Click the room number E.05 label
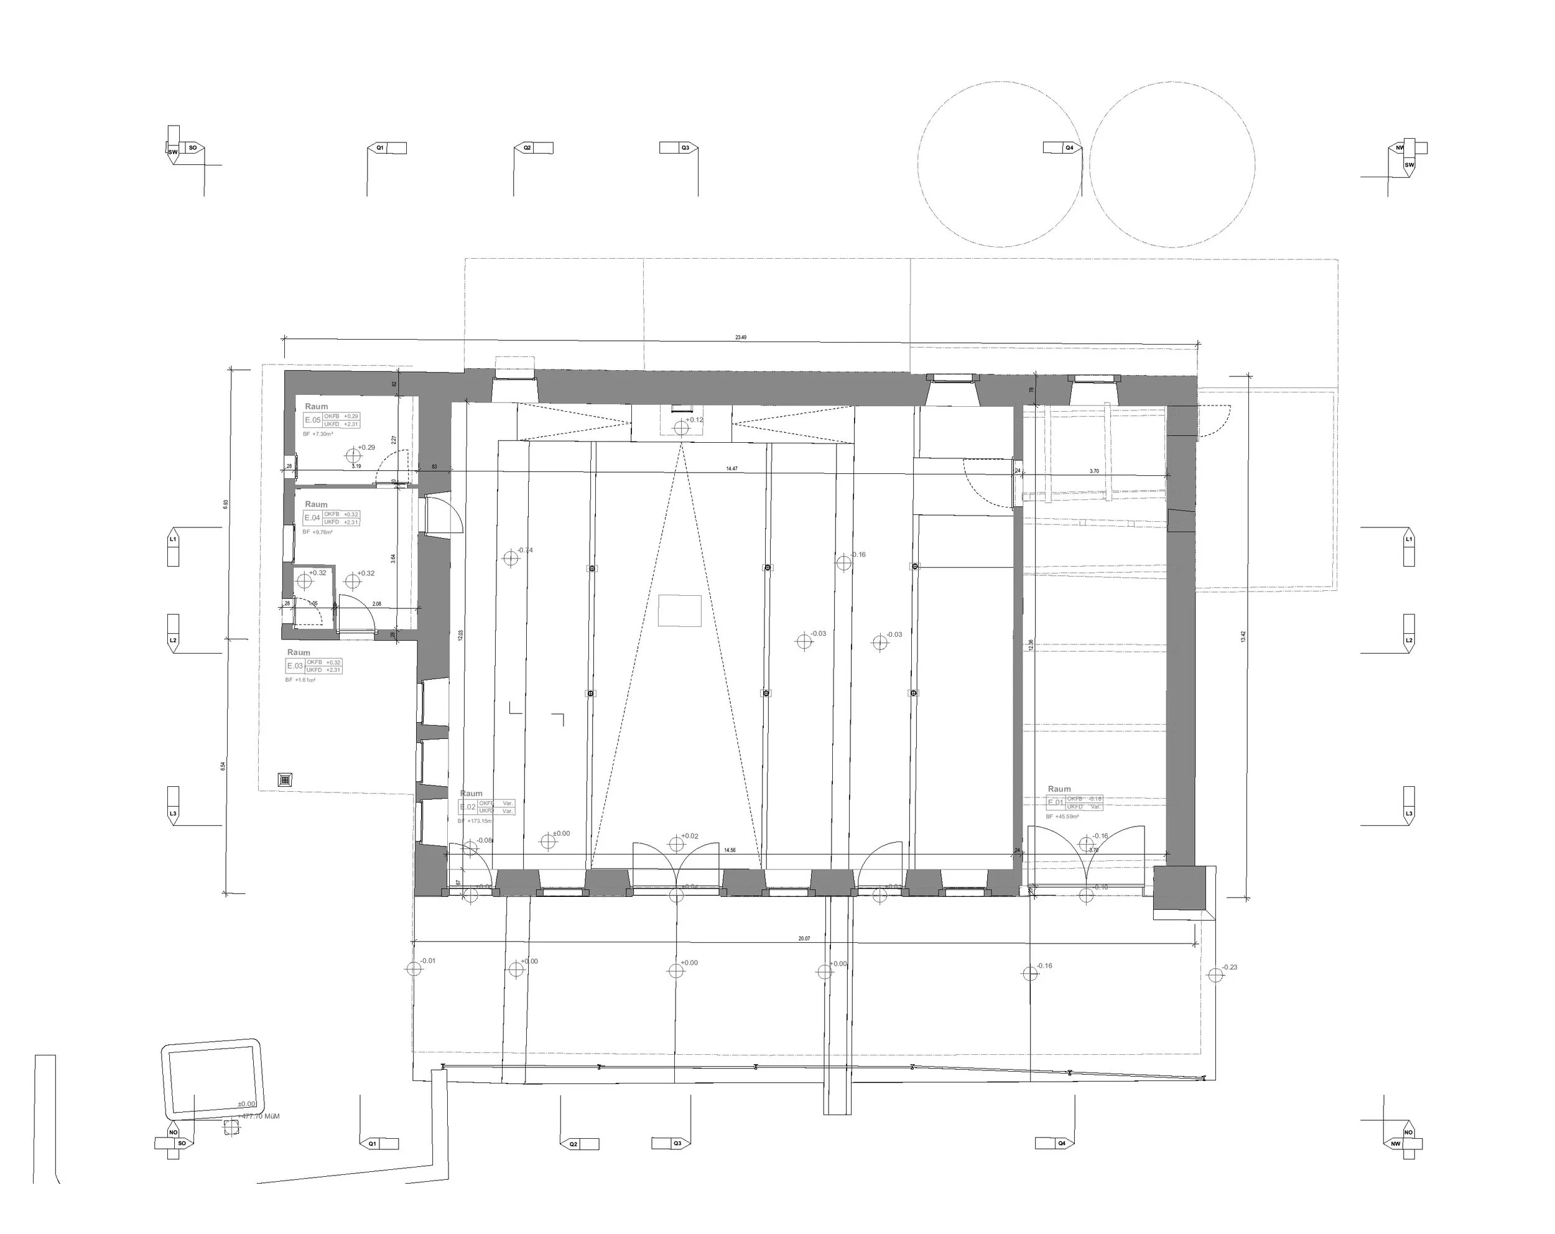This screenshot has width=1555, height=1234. pyautogui.click(x=313, y=420)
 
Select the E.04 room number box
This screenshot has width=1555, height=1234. pyautogui.click(x=312, y=519)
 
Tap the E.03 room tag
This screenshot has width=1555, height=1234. pyautogui.click(x=295, y=666)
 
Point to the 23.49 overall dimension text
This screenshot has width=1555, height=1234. pyautogui.click(x=741, y=338)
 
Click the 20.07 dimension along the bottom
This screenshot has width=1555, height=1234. pyautogui.click(x=804, y=939)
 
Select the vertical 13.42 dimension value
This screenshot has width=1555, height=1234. pyautogui.click(x=1243, y=637)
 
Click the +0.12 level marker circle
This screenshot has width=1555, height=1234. pyautogui.click(x=682, y=429)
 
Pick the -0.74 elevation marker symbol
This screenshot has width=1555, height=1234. pyautogui.click(x=511, y=557)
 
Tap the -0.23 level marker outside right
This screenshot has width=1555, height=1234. pyautogui.click(x=1216, y=975)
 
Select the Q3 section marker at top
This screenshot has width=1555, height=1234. pyautogui.click(x=685, y=148)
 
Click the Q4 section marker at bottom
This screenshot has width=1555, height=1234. pyautogui.click(x=1061, y=1143)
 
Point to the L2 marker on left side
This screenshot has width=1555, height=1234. pyautogui.click(x=173, y=640)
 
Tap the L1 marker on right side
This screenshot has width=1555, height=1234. pyautogui.click(x=1409, y=539)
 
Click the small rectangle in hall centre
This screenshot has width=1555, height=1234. pyautogui.click(x=679, y=611)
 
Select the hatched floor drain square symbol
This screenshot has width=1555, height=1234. pyautogui.click(x=285, y=779)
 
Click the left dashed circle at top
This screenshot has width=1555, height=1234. pyautogui.click(x=1000, y=164)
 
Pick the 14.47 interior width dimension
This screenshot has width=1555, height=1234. pyautogui.click(x=731, y=469)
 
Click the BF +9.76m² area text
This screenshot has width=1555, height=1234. pyautogui.click(x=317, y=532)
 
